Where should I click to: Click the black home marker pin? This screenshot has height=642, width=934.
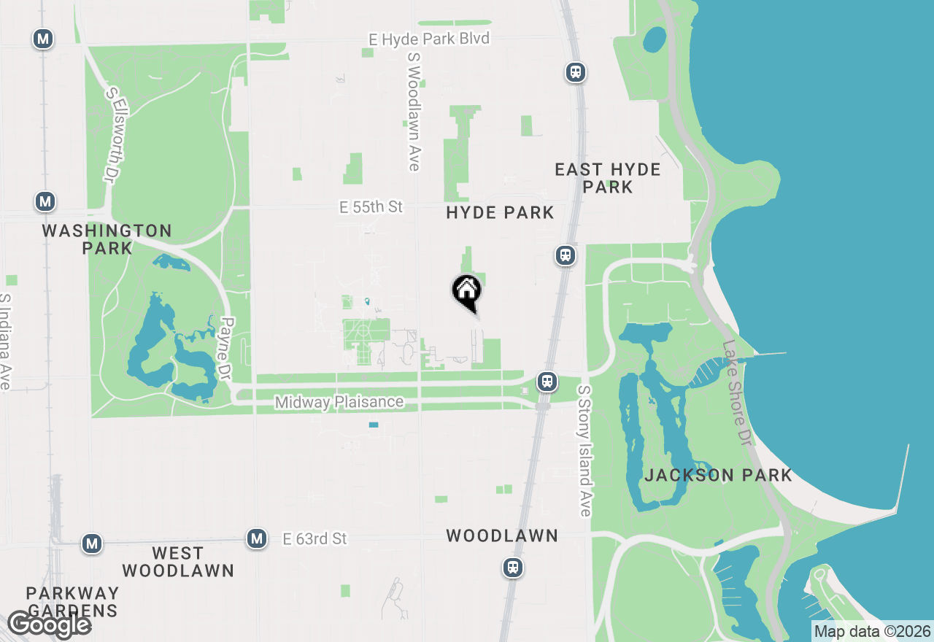(x=467, y=293)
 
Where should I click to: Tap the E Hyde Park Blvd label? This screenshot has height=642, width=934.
(x=429, y=39)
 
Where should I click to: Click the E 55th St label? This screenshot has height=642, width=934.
(x=371, y=207)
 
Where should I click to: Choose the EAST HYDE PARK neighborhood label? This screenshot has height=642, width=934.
(x=607, y=178)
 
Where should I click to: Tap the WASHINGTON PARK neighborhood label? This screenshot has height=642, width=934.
(x=107, y=239)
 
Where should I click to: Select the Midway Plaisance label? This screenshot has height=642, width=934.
(x=339, y=402)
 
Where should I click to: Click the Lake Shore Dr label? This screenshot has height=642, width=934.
(x=737, y=393)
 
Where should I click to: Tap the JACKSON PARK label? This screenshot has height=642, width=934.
(x=718, y=475)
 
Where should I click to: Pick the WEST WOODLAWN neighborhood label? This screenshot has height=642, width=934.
(x=177, y=562)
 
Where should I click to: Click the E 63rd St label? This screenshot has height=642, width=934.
(x=315, y=539)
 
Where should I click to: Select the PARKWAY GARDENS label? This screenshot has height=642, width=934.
(x=72, y=601)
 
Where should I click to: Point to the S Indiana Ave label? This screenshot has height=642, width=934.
(x=6, y=341)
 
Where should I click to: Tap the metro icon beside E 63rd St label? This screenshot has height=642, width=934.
(x=256, y=538)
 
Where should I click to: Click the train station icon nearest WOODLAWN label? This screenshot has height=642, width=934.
(x=513, y=568)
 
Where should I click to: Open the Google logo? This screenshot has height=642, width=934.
(x=49, y=625)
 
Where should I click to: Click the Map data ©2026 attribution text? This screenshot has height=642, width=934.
(x=872, y=631)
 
